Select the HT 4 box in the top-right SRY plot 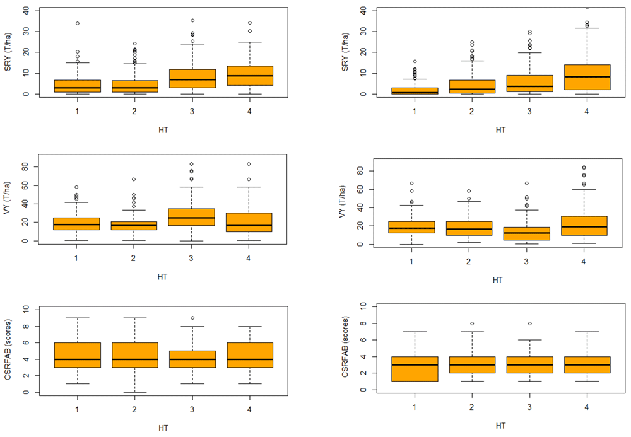point(586,77)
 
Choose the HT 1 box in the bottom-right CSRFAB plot point(415,369)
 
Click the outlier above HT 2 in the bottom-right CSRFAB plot point(472,323)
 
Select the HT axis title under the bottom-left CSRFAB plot point(163,428)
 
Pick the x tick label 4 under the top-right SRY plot point(586,112)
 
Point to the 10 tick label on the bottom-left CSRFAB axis point(25,309)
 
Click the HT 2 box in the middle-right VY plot point(472,228)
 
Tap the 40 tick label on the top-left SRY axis point(25,11)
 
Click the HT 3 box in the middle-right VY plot point(529,233)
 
